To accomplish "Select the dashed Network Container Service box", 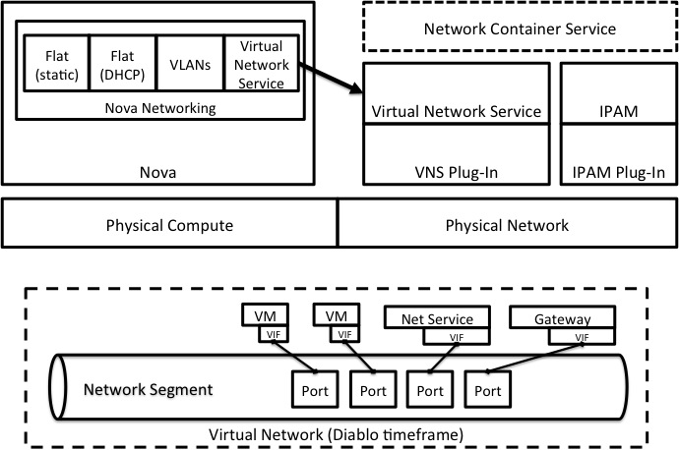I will point(520,28).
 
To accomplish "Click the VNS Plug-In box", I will point(456,172).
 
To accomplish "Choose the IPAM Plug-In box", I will point(618,172).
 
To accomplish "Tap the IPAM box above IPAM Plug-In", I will point(618,111).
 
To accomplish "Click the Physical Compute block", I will point(169,225).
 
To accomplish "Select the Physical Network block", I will point(507,225).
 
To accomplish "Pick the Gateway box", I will point(563,319).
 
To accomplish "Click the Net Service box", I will point(436,319).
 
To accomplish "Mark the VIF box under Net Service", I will point(456,337).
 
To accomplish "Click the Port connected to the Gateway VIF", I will point(489,390).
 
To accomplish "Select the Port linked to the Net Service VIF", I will point(428,390).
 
